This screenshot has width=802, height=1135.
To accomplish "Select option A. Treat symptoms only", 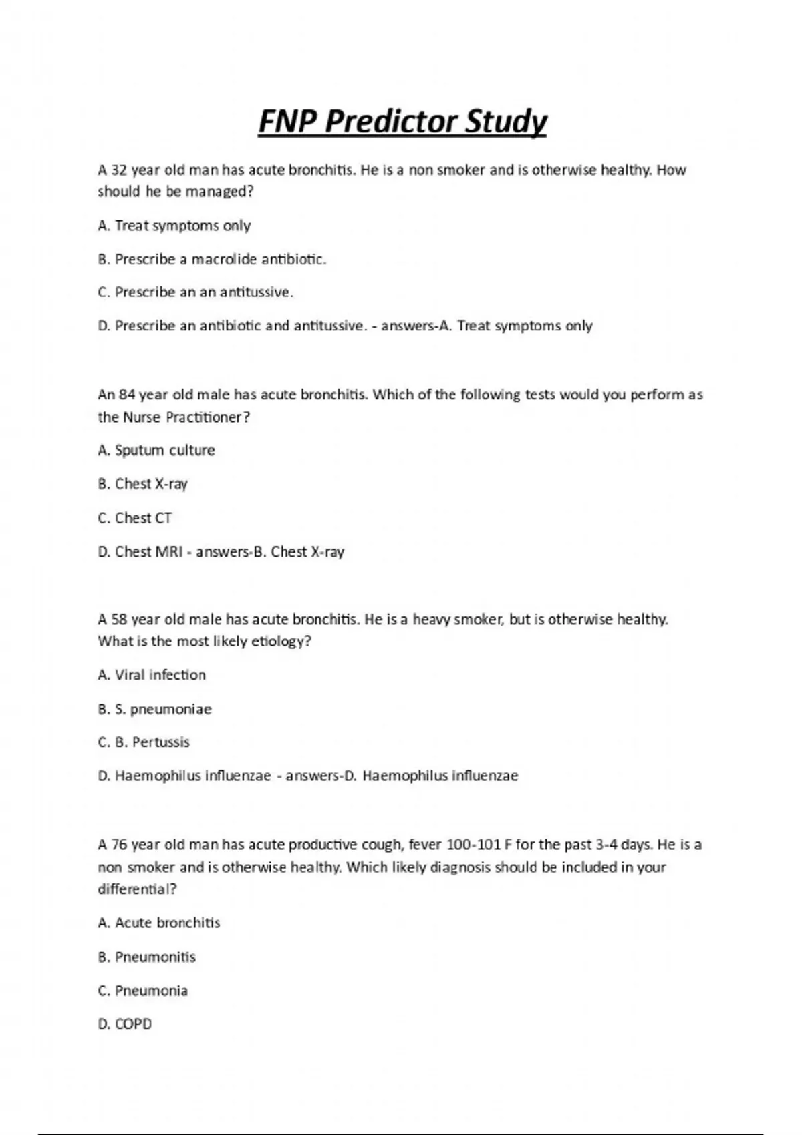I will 174,226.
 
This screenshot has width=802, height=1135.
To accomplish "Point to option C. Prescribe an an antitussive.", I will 195,292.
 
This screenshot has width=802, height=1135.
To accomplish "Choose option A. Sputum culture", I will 156,451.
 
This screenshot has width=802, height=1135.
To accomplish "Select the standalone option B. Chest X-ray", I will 142,484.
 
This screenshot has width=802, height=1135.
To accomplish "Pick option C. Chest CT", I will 134,518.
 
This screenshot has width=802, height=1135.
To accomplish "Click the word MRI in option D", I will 168,552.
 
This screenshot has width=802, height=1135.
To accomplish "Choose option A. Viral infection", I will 152,675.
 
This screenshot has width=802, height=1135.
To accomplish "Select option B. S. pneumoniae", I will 154,709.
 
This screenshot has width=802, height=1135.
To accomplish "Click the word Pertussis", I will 161,742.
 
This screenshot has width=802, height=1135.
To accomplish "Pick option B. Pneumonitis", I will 146,957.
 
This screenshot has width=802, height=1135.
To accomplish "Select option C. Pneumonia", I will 142,991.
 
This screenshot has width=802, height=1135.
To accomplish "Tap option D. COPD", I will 124,1024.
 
